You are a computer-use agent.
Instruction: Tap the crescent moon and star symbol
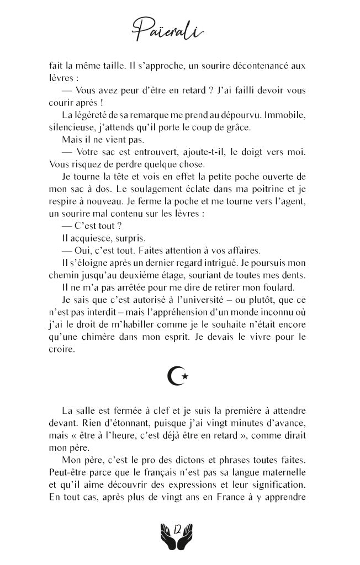[179, 376]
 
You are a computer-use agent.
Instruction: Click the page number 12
[178, 530]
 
